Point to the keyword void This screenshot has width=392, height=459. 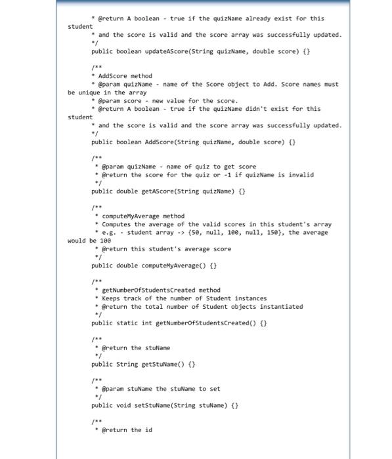point(125,406)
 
